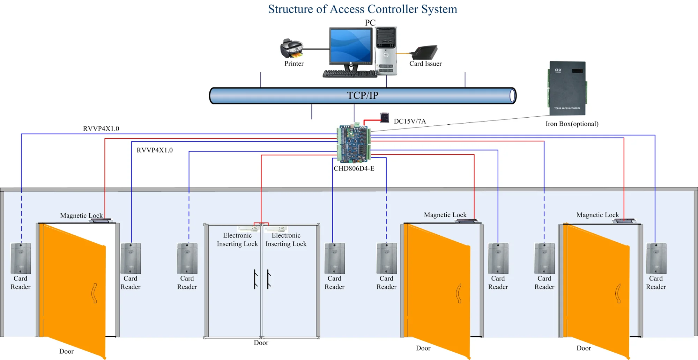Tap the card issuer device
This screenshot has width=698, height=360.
425,52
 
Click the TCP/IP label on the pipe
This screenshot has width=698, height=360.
363,95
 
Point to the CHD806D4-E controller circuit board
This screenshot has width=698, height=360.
354,144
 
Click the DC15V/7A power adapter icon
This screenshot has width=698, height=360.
384,118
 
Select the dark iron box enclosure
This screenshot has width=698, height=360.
567,88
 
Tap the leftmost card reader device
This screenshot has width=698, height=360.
21,258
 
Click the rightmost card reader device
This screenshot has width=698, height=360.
656,258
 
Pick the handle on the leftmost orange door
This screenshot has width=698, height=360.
94,293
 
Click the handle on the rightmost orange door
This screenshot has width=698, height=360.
618,293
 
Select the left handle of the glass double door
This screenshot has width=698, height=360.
255,279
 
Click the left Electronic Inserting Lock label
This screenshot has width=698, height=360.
237,240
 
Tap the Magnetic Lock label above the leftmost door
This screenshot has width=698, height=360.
81,215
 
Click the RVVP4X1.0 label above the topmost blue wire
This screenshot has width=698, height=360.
101,128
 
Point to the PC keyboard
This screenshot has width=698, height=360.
349,73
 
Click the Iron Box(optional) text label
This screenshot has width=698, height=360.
572,124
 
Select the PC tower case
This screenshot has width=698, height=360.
386,51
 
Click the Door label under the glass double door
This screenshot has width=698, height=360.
261,343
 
